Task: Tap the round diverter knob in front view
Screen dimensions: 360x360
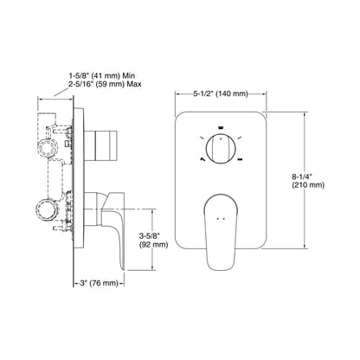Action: coord(220,147)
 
